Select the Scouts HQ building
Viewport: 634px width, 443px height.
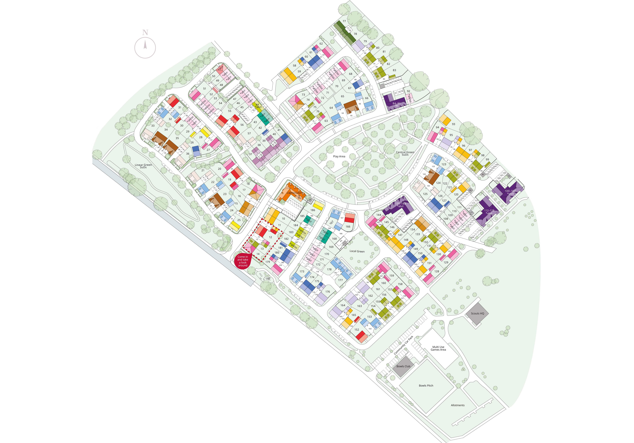click(477, 313)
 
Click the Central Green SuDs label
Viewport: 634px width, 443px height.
click(405, 153)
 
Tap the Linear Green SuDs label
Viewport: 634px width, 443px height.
click(143, 166)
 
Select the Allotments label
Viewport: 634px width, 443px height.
click(457, 405)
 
